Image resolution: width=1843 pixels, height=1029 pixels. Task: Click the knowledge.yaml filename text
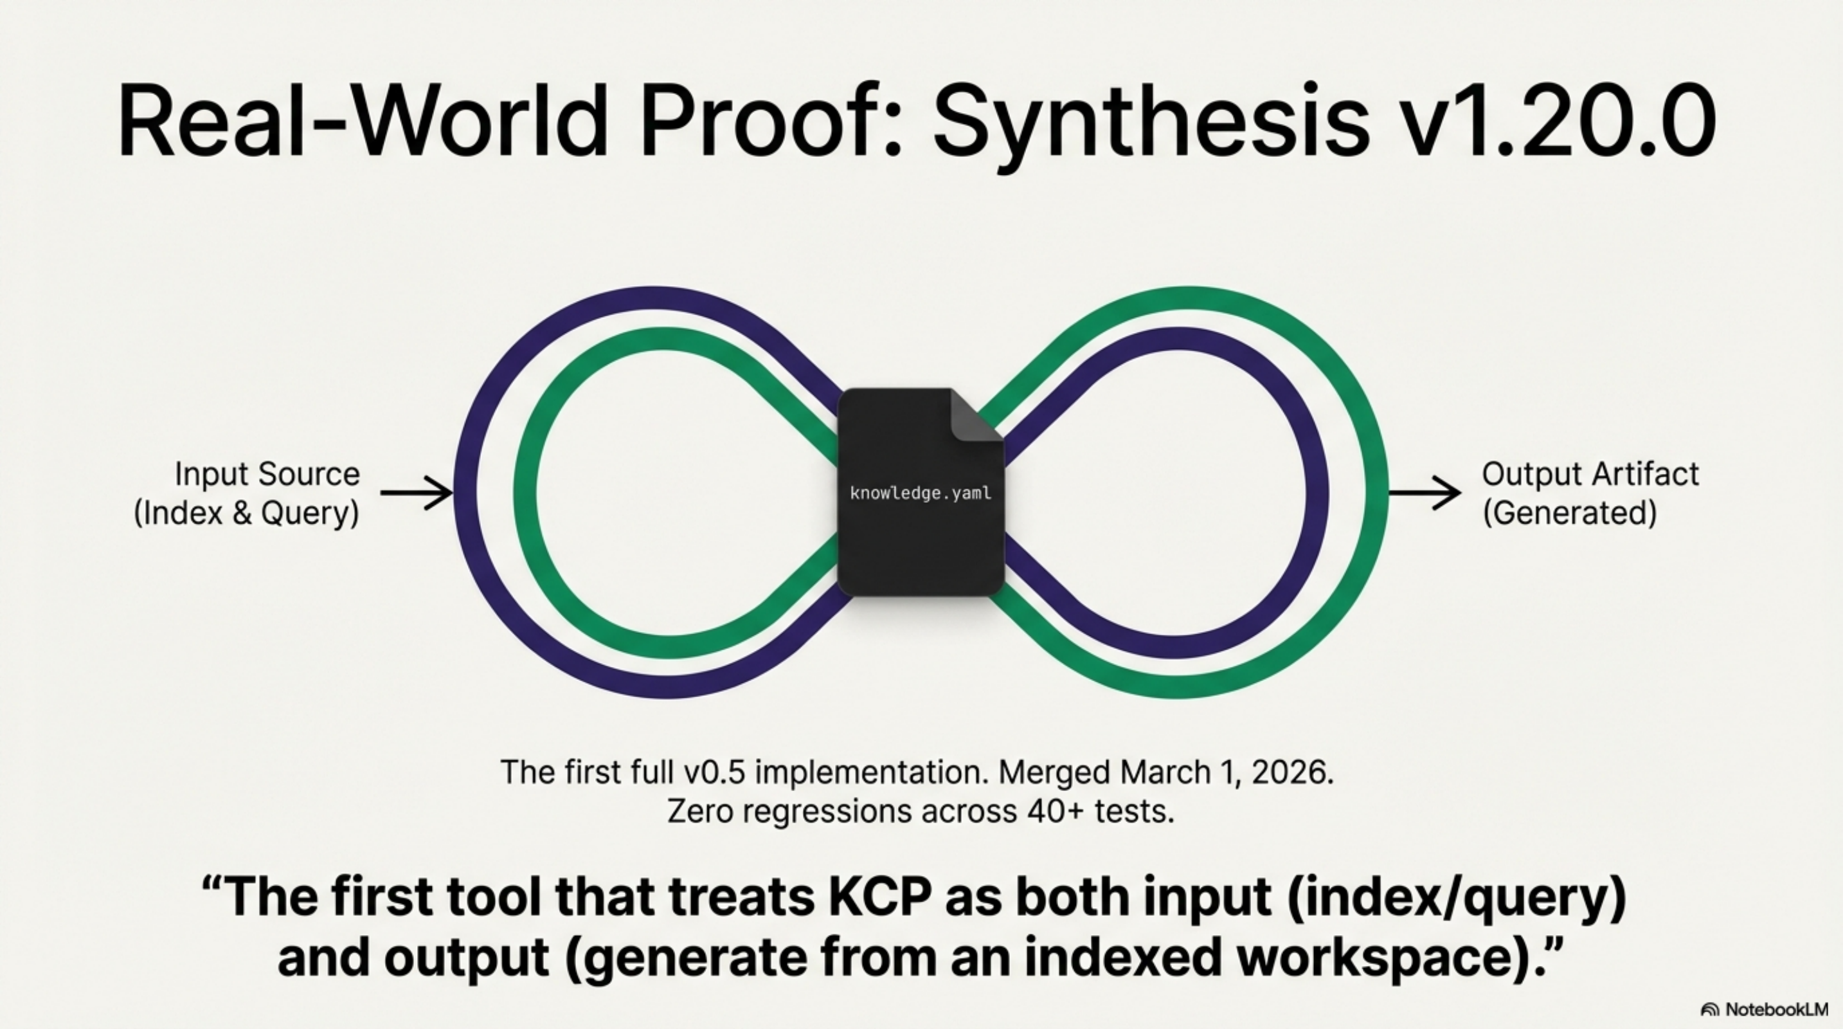point(921,493)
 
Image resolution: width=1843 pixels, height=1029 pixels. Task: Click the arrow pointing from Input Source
point(417,493)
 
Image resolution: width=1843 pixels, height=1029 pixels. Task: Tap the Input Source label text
point(267,474)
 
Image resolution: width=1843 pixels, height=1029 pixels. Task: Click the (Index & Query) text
point(246,513)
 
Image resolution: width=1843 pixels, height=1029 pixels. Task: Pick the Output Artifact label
point(1590,474)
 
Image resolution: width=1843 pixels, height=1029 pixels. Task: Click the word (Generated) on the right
point(1570,513)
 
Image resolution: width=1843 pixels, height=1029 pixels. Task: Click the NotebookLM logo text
point(1776,1010)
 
